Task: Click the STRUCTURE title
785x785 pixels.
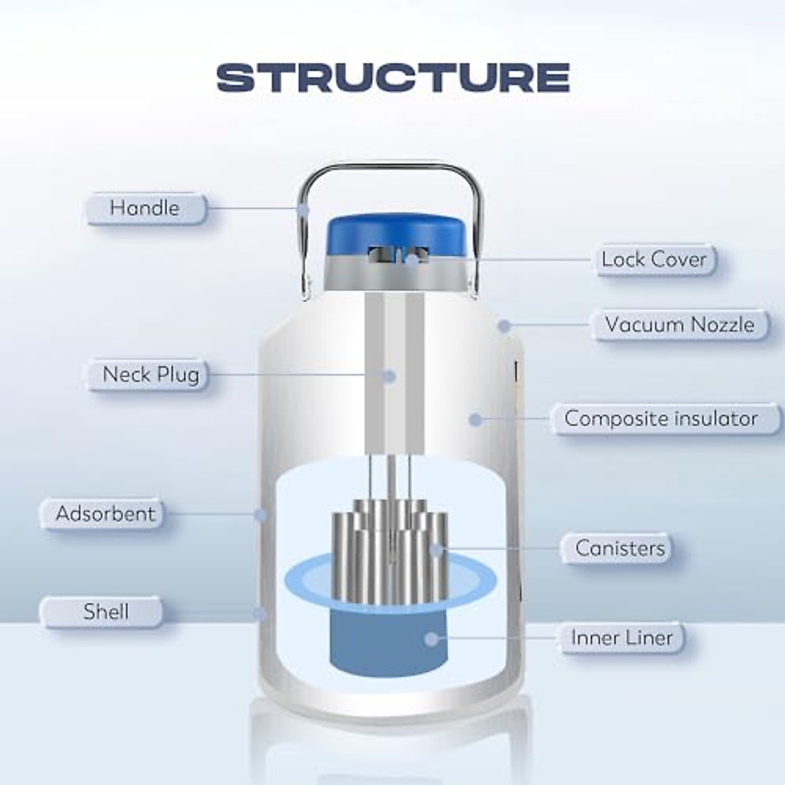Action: click(x=392, y=77)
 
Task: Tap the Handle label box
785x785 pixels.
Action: click(x=145, y=209)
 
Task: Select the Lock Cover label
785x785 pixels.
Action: click(x=654, y=260)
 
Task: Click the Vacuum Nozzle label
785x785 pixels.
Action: click(x=679, y=324)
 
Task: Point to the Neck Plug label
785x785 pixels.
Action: click(x=150, y=375)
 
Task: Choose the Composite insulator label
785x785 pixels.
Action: click(x=661, y=419)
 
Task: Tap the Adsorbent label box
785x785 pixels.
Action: click(x=105, y=514)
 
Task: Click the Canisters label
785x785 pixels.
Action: click(x=619, y=548)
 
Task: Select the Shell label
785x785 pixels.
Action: click(x=106, y=612)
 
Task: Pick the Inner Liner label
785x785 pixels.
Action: click(x=621, y=638)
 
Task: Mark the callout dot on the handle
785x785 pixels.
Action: click(x=302, y=209)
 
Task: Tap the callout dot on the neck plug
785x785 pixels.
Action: click(x=389, y=375)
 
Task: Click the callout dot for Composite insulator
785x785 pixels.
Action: click(x=476, y=419)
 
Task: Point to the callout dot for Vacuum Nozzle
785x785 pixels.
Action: click(x=503, y=324)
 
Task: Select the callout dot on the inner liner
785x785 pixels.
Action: click(x=430, y=638)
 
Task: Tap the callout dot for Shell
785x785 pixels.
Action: click(x=260, y=613)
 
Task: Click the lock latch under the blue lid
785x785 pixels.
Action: click(x=396, y=256)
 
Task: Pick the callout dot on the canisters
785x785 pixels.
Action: click(x=437, y=548)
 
